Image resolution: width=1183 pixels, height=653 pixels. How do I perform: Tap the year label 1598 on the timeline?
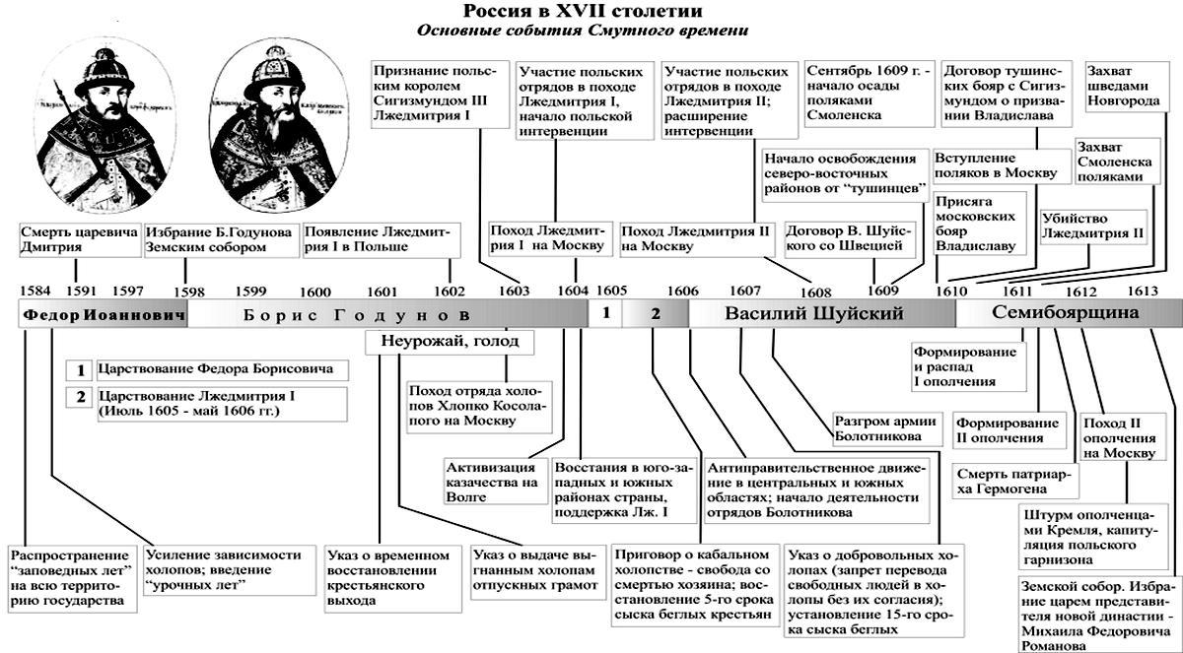click(188, 292)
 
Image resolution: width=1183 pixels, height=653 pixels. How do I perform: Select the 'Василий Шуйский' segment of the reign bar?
click(814, 314)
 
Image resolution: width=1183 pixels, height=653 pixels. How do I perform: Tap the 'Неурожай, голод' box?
click(449, 342)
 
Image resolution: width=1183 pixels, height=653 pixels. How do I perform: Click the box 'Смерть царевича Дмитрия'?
click(76, 240)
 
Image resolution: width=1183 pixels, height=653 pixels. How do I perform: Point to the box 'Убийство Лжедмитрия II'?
click(1092, 226)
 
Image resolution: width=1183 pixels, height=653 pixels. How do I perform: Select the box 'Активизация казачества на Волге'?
click(491, 482)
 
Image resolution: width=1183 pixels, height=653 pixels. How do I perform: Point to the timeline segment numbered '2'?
click(655, 314)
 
